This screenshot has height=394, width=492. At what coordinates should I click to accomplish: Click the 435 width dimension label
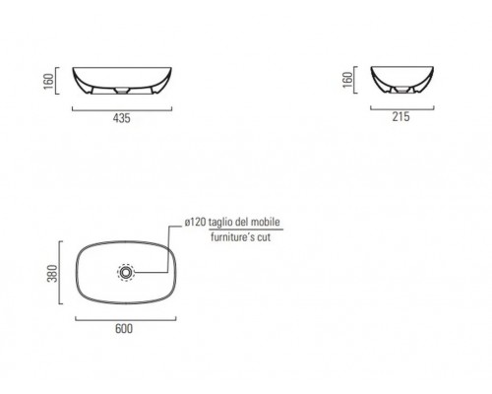tap(121, 118)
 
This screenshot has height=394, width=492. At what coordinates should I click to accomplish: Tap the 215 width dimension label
tap(400, 116)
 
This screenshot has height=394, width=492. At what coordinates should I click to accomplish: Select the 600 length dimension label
tap(124, 329)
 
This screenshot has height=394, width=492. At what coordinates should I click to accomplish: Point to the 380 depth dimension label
tap(52, 273)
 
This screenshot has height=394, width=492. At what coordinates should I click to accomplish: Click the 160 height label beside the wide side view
tap(48, 82)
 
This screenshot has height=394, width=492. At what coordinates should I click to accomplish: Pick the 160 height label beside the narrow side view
tap(347, 80)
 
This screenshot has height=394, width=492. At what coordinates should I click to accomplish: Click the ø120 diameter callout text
tap(195, 223)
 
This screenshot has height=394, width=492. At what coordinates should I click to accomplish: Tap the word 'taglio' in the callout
tap(221, 223)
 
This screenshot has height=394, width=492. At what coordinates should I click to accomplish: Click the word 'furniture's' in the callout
tap(233, 236)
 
